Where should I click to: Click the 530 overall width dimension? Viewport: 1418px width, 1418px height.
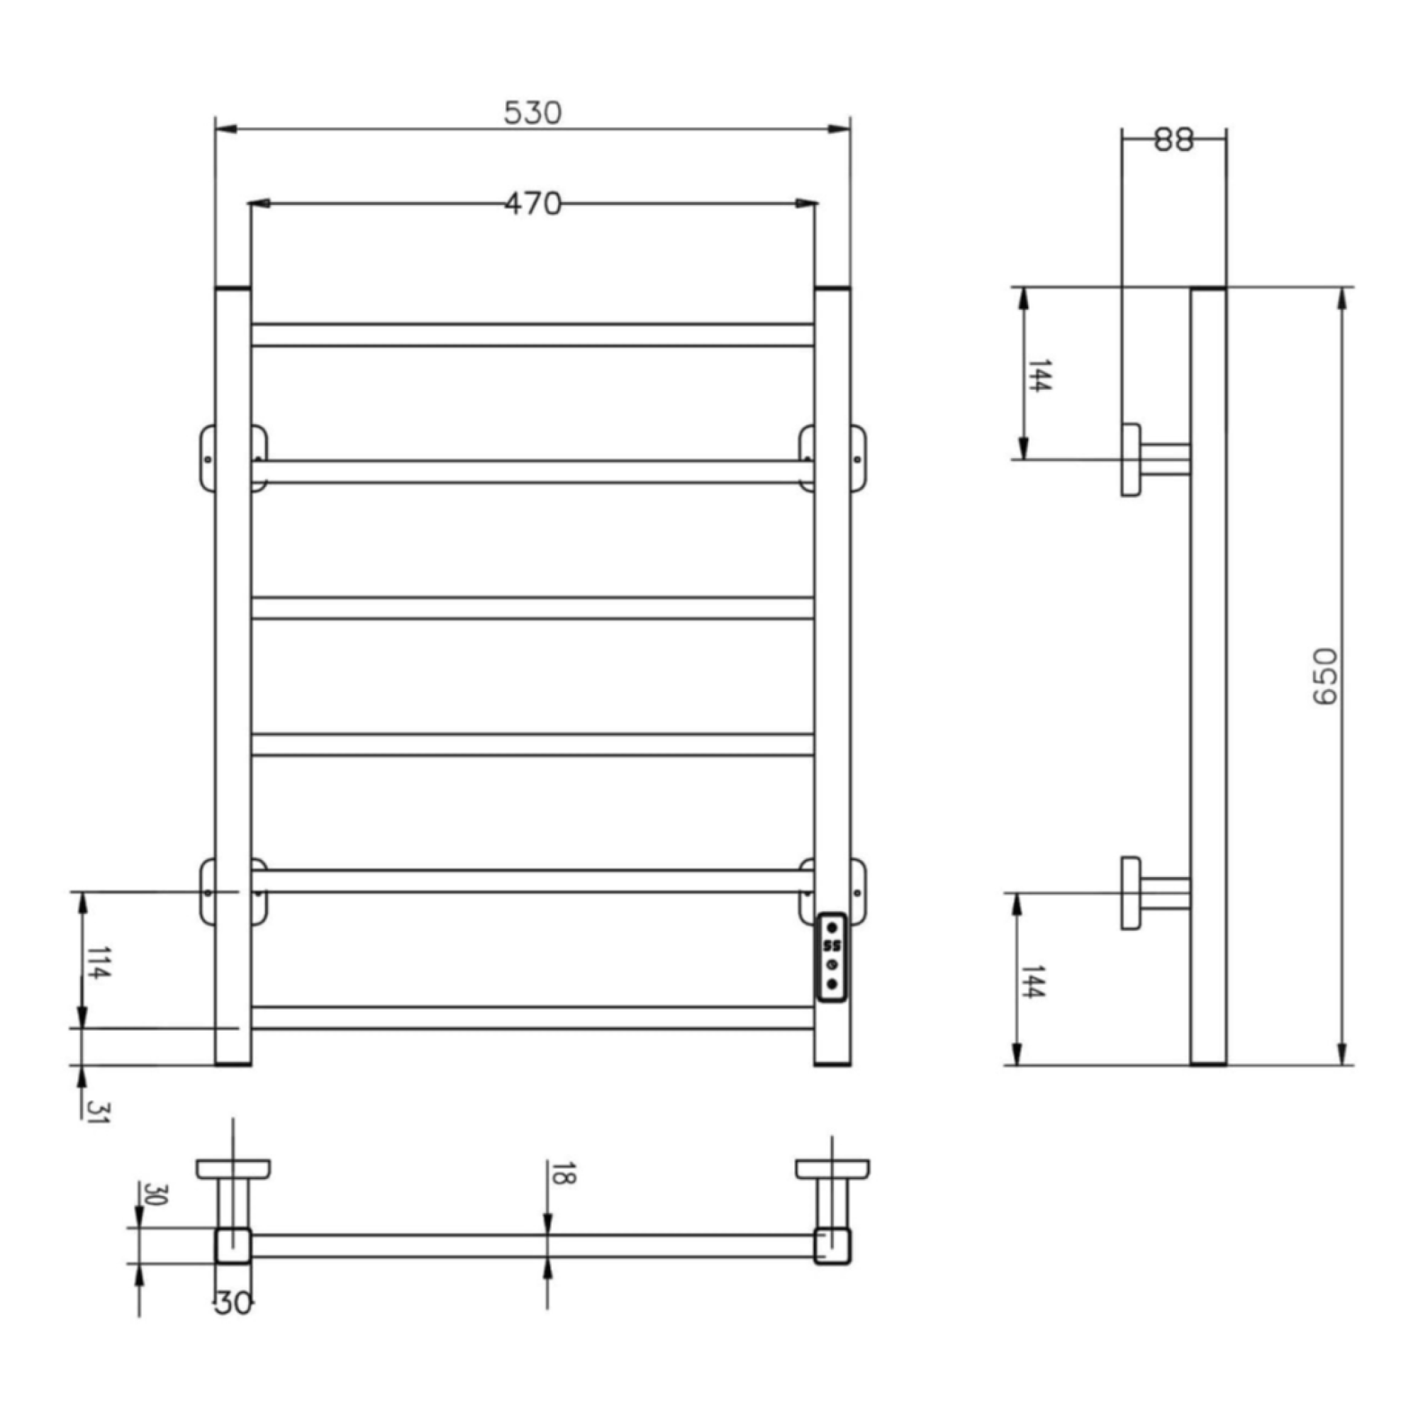(532, 113)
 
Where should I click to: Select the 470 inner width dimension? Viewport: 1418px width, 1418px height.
(532, 203)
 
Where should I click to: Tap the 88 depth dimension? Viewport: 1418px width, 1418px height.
(1173, 140)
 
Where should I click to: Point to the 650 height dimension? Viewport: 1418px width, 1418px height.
(1324, 676)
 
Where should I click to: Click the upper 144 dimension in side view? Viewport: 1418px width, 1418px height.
(1038, 375)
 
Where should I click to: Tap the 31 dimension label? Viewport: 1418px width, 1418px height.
(97, 1112)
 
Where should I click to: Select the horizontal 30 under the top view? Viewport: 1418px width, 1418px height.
(233, 1305)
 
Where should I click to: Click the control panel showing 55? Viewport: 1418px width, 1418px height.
(832, 957)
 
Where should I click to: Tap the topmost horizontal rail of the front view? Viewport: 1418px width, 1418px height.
(532, 335)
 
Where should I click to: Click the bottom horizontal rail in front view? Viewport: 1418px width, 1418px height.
(532, 1018)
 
